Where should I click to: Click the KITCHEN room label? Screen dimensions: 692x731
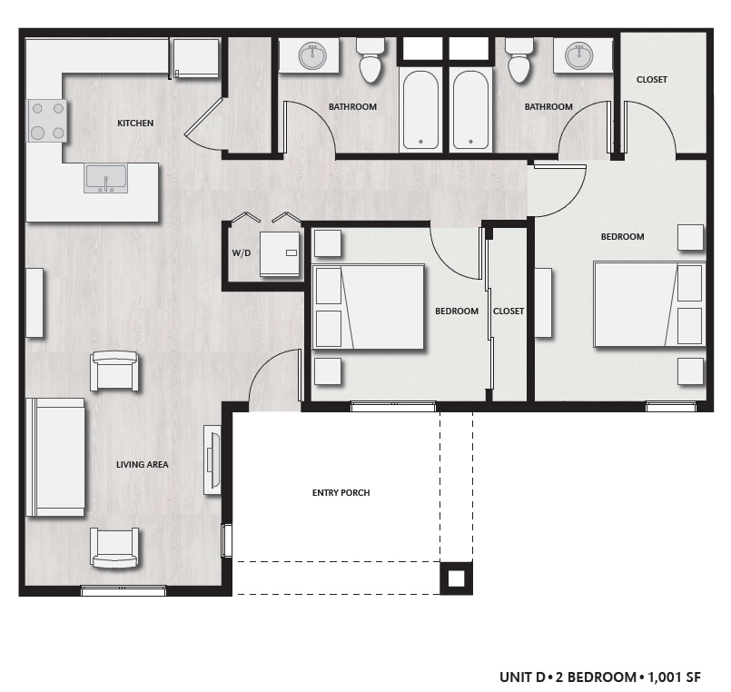134,123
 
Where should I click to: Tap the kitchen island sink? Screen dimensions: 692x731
106,179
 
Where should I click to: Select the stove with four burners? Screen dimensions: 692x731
47,120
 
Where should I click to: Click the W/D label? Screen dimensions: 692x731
241,252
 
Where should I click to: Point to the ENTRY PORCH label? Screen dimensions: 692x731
341,493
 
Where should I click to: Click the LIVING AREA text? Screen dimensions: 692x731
142,465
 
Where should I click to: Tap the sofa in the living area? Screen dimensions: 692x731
55,457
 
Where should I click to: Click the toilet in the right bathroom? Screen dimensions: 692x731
519,60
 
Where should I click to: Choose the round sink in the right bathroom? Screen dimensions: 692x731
578,56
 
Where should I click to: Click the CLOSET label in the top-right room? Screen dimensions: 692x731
651,80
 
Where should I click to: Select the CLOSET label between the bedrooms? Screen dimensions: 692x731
509,311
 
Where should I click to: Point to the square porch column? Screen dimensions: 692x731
456,578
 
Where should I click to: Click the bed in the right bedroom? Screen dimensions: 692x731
648,304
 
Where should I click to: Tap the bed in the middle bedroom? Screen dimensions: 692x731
369,307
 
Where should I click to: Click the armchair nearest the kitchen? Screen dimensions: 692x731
115,371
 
